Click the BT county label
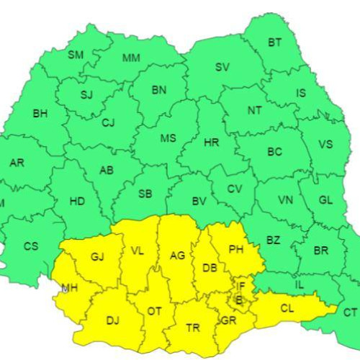click(x=275, y=42)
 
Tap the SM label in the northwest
click(x=76, y=55)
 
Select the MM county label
click(x=131, y=58)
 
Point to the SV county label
click(x=222, y=68)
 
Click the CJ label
click(x=108, y=123)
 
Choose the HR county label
click(x=211, y=143)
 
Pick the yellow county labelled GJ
click(x=98, y=257)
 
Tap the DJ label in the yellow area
click(x=113, y=320)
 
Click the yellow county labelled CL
click(x=287, y=307)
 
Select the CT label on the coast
click(x=350, y=312)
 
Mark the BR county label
click(x=321, y=251)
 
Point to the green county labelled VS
click(x=325, y=144)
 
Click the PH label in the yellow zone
click(x=236, y=250)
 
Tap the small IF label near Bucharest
click(x=242, y=287)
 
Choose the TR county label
click(x=193, y=328)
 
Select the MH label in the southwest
click(x=70, y=288)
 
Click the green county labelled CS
click(x=31, y=246)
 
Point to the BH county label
click(x=40, y=113)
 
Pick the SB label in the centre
click(x=145, y=194)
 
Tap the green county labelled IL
click(x=300, y=286)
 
